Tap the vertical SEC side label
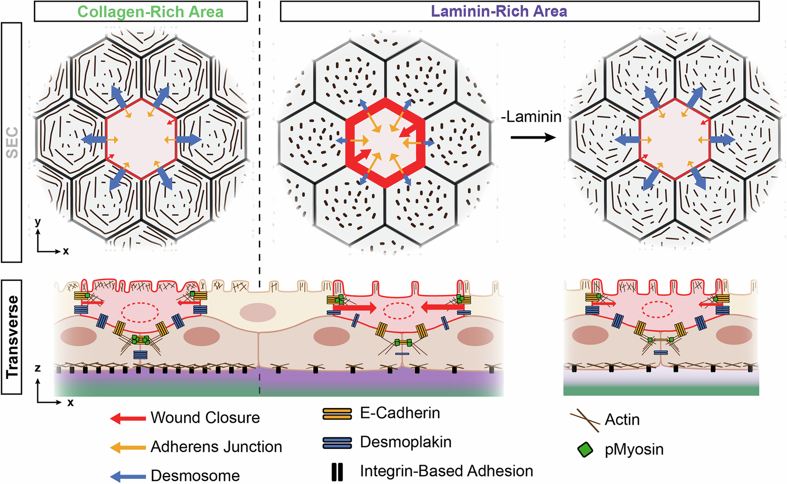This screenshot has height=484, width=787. pyautogui.click(x=12, y=142)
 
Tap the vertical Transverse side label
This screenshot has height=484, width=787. pyautogui.click(x=12, y=336)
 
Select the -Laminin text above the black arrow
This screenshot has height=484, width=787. pyautogui.click(x=531, y=117)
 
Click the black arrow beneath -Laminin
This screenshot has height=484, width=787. pyautogui.click(x=533, y=138)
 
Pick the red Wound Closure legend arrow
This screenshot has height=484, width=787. pyautogui.click(x=127, y=418)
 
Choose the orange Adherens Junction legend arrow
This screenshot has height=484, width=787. pyautogui.click(x=127, y=447)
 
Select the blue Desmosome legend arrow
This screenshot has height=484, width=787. pyautogui.click(x=127, y=476)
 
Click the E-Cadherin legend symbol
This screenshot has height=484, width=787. pyautogui.click(x=337, y=414)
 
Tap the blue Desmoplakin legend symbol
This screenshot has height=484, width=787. pyautogui.click(x=337, y=443)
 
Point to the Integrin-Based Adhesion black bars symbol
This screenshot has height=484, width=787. pyautogui.click(x=337, y=472)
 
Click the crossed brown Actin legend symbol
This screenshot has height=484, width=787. pyautogui.click(x=585, y=419)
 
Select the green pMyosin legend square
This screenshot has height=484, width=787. pyautogui.click(x=585, y=450)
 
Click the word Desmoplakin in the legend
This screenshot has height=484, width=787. pyautogui.click(x=406, y=443)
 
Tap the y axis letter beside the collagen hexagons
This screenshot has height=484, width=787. pyautogui.click(x=37, y=222)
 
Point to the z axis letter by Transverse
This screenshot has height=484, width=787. pyautogui.click(x=37, y=368)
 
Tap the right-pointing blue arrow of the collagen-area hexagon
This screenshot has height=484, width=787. pyautogui.click(x=187, y=140)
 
